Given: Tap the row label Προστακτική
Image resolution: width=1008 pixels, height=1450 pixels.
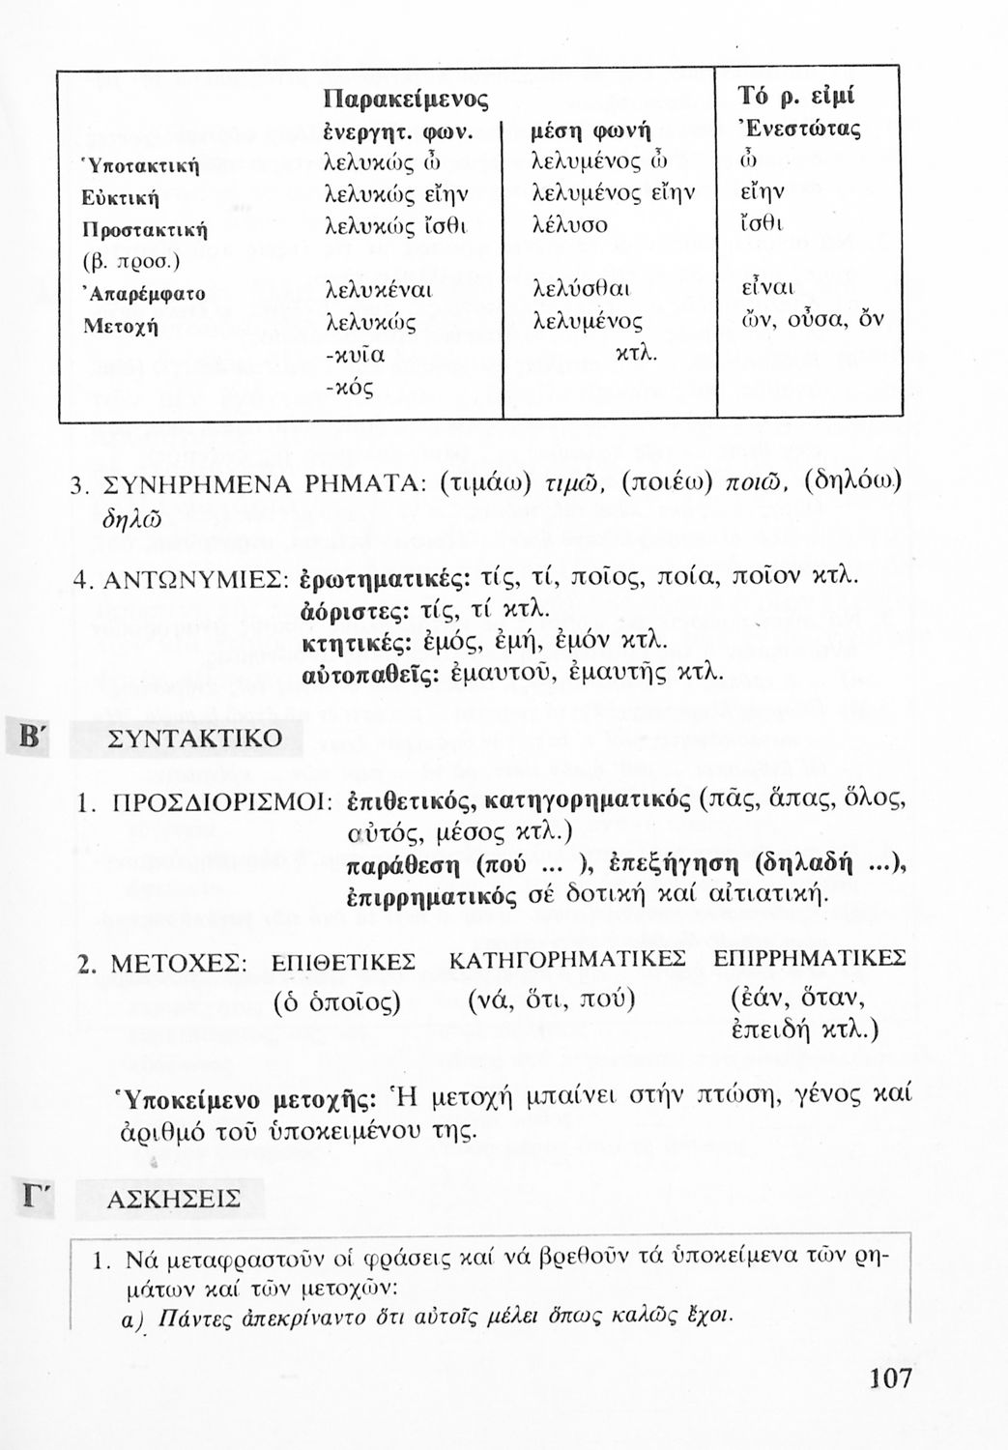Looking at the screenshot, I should tap(139, 231).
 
